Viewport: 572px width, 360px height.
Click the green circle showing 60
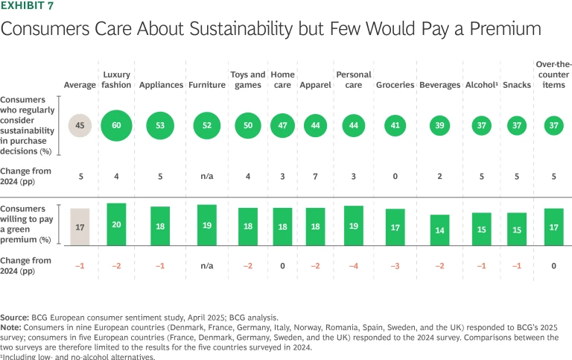[x=117, y=125]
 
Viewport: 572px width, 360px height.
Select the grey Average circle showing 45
[x=80, y=125]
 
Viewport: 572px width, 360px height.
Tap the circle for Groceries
[x=395, y=125]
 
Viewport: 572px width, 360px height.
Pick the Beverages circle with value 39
[x=439, y=125]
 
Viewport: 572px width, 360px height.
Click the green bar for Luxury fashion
[x=117, y=224]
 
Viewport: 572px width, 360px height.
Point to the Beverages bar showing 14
[x=439, y=230]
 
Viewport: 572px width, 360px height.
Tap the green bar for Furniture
[x=207, y=224]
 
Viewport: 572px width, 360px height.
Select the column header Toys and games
[x=248, y=80]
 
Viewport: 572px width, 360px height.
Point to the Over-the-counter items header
[x=553, y=75]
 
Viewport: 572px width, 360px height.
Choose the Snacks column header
[x=517, y=85]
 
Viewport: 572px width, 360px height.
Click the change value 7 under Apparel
[x=316, y=176]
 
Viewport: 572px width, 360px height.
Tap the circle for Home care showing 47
[x=282, y=125]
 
